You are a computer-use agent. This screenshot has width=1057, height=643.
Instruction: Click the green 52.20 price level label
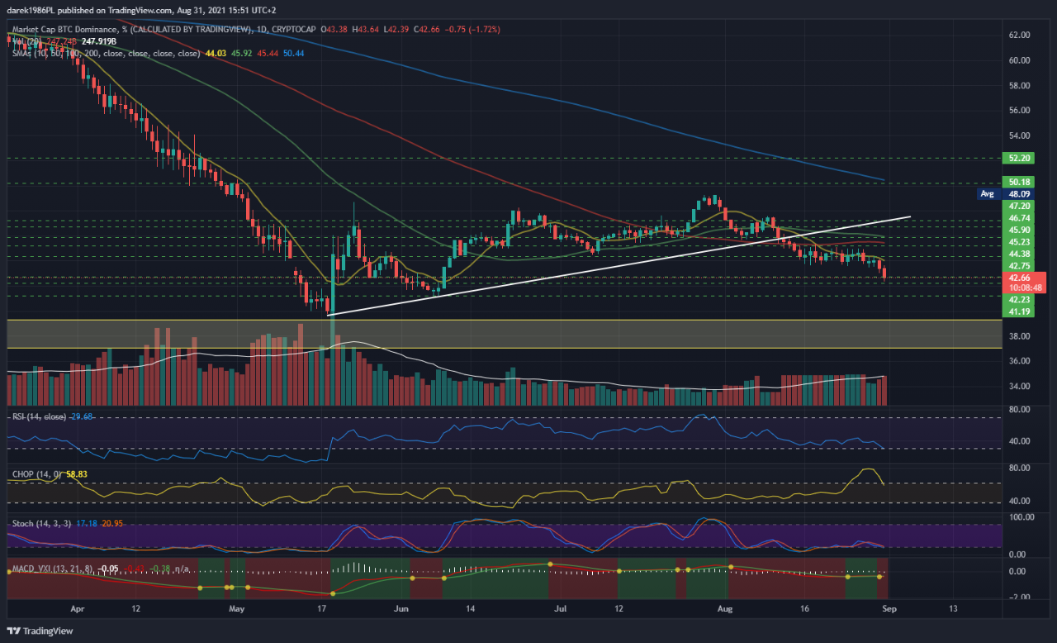click(x=1013, y=157)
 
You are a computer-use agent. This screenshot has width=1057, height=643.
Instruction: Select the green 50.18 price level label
click(x=1013, y=182)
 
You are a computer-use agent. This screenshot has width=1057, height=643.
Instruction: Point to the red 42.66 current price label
click(x=1012, y=279)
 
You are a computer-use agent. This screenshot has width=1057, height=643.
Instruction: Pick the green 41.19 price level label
click(x=1013, y=312)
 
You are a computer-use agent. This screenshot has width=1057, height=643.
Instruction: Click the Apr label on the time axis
click(x=78, y=608)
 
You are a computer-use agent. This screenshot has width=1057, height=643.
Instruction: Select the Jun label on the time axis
click(x=402, y=608)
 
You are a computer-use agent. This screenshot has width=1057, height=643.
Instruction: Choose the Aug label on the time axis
click(x=725, y=608)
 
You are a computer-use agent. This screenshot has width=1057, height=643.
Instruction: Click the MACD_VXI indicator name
click(x=34, y=569)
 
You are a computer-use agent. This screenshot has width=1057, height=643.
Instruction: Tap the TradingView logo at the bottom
click(x=41, y=631)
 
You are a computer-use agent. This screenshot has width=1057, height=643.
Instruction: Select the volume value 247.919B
click(x=98, y=40)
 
